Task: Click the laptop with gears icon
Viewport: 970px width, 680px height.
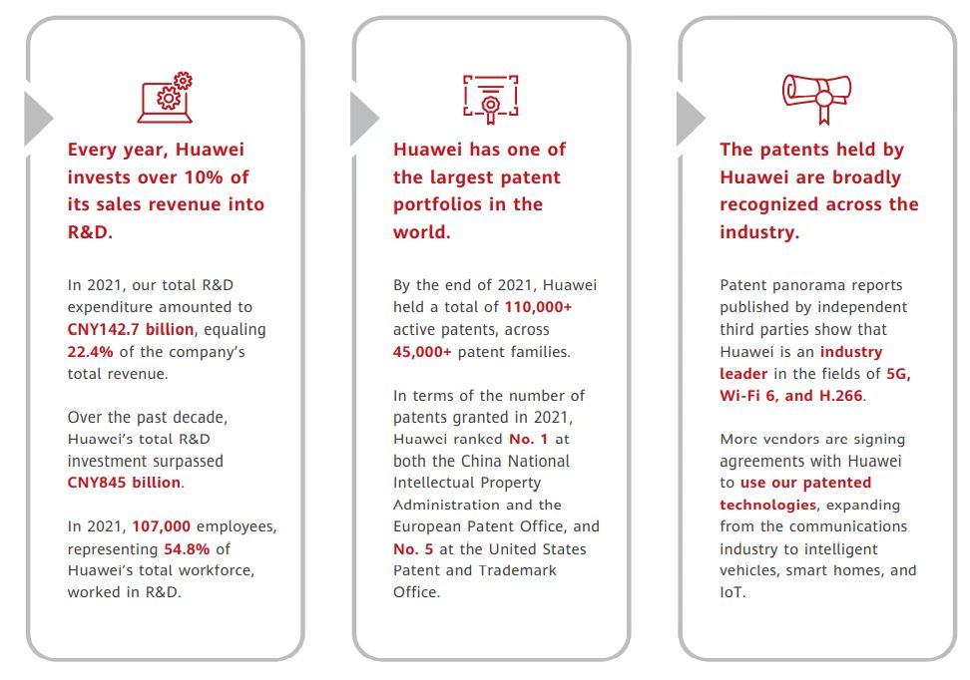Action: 165,98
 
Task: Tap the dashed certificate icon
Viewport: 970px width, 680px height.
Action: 491,99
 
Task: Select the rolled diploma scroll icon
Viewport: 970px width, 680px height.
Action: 816,99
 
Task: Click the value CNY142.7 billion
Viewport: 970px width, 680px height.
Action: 131,329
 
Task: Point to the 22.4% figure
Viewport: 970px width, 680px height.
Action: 91,352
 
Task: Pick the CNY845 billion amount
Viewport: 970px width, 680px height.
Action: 125,483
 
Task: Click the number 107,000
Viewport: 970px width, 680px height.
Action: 161,526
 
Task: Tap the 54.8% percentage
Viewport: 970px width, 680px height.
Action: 187,549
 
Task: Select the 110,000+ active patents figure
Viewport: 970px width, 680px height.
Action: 538,307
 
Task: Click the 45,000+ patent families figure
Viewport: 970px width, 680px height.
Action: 422,352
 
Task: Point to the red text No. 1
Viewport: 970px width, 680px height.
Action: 528,440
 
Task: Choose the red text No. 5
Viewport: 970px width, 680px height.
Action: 412,549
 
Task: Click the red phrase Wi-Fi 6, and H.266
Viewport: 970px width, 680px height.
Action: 791,396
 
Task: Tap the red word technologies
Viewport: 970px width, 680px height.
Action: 767,506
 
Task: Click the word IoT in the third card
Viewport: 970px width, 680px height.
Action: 731,592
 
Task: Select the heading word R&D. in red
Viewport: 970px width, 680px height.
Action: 90,232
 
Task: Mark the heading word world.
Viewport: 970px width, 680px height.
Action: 421,232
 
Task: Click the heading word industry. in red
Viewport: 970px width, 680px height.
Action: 759,232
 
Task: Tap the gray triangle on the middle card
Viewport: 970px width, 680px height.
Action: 364,119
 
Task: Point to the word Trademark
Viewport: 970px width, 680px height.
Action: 519,570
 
